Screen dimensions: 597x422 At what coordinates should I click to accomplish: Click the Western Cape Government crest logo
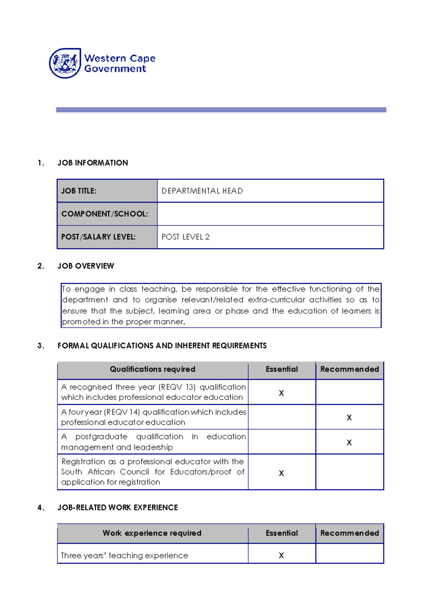pyautogui.click(x=65, y=63)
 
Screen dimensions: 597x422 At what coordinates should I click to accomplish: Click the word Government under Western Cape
pyautogui.click(x=115, y=69)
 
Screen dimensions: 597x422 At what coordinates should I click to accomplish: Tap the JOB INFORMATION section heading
pyautogui.click(x=92, y=163)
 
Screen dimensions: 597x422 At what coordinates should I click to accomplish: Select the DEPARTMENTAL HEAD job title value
pyautogui.click(x=202, y=191)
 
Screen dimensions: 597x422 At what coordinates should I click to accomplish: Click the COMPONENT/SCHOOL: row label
pyautogui.click(x=104, y=214)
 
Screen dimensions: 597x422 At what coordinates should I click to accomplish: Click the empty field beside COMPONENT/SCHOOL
pyautogui.click(x=270, y=214)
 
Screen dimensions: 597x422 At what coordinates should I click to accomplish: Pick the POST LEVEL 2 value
pyautogui.click(x=185, y=237)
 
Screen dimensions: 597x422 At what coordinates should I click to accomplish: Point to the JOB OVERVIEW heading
pyautogui.click(x=85, y=266)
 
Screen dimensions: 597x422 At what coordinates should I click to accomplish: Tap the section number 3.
pyautogui.click(x=41, y=346)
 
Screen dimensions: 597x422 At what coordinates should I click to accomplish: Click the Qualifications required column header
pyautogui.click(x=152, y=369)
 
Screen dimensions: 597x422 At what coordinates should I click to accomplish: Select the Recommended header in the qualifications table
pyautogui.click(x=349, y=369)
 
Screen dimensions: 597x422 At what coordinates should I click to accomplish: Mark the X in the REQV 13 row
pyautogui.click(x=281, y=393)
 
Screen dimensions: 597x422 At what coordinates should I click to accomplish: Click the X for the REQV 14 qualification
pyautogui.click(x=349, y=417)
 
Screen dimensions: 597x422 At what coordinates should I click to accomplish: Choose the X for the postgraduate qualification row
pyautogui.click(x=349, y=442)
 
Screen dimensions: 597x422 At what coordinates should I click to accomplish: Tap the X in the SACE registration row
pyautogui.click(x=281, y=473)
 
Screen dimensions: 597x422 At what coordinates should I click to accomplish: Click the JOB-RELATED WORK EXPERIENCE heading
pyautogui.click(x=117, y=507)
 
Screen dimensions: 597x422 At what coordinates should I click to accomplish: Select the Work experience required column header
pyautogui.click(x=152, y=533)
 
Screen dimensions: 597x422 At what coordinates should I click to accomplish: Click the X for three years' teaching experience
pyautogui.click(x=281, y=555)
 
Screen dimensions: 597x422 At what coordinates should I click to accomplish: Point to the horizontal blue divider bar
pyautogui.click(x=221, y=110)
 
